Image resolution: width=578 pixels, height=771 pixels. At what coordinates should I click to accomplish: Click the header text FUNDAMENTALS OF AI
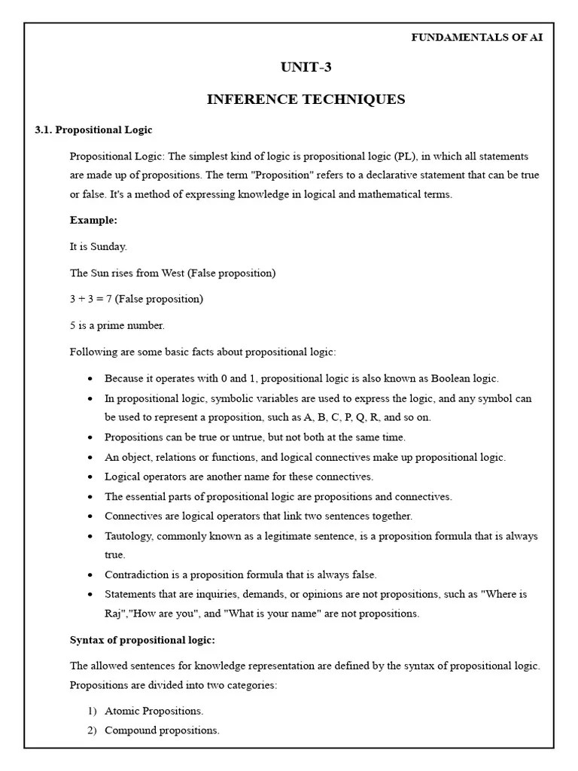(x=476, y=38)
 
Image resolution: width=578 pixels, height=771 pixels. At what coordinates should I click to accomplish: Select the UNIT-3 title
(x=306, y=68)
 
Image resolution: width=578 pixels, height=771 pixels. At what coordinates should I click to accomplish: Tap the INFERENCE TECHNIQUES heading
(x=306, y=99)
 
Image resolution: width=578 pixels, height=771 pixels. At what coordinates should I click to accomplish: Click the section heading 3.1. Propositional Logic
(x=93, y=130)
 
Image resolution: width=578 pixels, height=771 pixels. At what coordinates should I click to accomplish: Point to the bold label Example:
(x=93, y=220)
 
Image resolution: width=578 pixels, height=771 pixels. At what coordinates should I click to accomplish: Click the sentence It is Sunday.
(x=99, y=246)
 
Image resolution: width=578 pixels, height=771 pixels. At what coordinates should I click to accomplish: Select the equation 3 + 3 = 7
(x=90, y=299)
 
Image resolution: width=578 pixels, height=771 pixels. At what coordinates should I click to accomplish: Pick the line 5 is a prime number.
(x=117, y=325)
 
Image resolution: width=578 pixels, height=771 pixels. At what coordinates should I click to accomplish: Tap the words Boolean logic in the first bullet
(x=466, y=379)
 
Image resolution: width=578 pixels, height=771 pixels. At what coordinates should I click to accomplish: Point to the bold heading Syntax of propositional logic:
(x=142, y=640)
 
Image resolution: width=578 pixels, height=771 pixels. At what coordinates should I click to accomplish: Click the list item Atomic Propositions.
(x=154, y=711)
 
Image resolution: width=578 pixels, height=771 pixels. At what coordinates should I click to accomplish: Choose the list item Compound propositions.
(x=162, y=730)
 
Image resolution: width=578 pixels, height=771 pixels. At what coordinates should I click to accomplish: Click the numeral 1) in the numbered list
(x=92, y=711)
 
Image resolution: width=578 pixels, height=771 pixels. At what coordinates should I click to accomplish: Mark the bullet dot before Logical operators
(x=90, y=477)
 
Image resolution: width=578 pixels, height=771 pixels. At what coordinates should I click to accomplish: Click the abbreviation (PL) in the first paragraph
(x=403, y=157)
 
